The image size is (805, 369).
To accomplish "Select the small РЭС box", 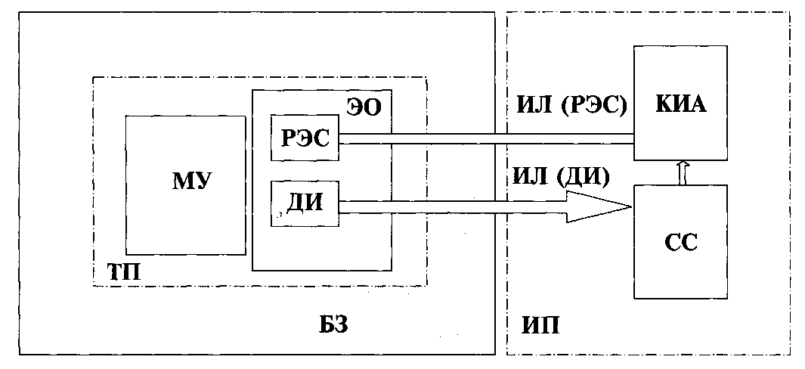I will point(305,139).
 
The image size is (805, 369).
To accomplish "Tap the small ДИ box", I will point(305,203).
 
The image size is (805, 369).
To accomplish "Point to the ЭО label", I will point(364,107).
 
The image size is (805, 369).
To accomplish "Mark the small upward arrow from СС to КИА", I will point(683,172).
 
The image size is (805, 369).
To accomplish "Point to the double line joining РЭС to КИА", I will point(484,139).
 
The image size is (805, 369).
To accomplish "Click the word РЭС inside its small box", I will point(305,139).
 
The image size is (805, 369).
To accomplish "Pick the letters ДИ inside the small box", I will point(305,203).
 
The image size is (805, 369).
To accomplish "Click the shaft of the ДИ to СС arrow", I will point(454,206).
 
